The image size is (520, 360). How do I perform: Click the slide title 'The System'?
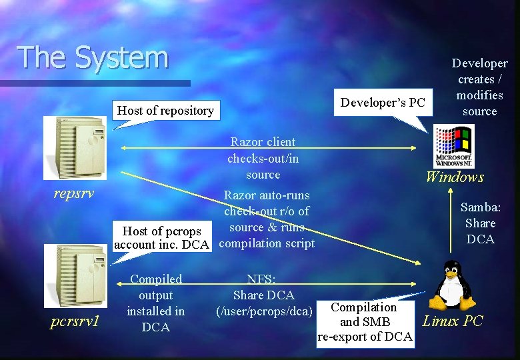93,57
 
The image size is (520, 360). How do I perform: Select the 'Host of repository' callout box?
165,111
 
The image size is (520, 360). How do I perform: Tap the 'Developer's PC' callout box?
382,102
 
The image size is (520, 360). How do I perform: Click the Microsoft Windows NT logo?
453,147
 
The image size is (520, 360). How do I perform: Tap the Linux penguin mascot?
453,284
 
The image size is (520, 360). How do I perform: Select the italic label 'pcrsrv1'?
74,321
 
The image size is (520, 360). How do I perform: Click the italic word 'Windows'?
455,177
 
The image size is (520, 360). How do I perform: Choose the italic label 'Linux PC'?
453,321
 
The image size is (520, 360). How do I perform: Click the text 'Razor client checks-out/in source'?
263,158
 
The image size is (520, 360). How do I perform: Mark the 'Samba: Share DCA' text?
480,223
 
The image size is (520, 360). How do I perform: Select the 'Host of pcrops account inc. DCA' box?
162,237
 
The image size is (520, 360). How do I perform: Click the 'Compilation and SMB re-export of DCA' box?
365,322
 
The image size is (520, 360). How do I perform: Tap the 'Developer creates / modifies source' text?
479,87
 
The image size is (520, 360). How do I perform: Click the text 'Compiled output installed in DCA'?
156,303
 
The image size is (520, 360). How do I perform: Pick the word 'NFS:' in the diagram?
262,279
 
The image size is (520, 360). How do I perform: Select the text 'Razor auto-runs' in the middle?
267,195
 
